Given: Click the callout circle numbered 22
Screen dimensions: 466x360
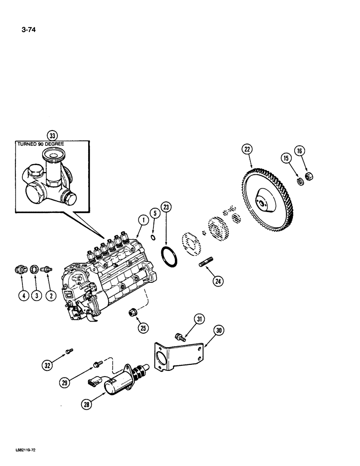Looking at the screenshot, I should coord(247,150).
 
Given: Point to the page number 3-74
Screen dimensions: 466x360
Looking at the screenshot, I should coord(28,31).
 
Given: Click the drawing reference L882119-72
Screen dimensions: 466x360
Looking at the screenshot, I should coord(26,452).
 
